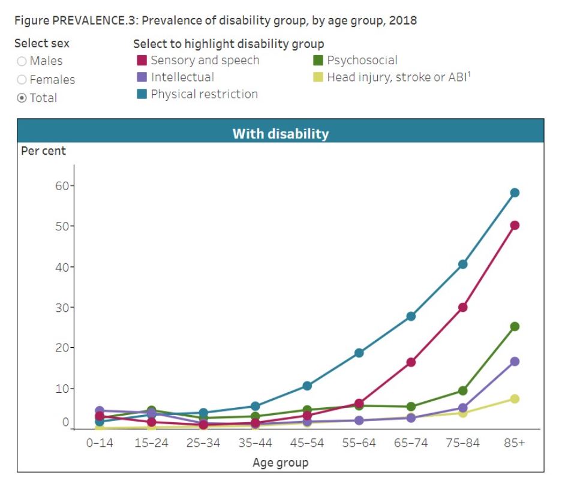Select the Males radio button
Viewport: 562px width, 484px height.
tap(22, 61)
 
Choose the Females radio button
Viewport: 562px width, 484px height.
tap(22, 80)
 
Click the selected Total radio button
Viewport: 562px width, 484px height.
tap(22, 98)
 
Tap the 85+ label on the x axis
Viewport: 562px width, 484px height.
tap(514, 443)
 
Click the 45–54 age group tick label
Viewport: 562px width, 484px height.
tap(307, 443)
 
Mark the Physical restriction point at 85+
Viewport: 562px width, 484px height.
tap(515, 193)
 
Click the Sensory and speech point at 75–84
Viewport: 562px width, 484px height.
tap(462, 308)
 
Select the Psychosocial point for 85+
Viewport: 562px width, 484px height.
tap(515, 327)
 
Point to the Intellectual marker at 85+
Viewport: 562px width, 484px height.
tap(515, 362)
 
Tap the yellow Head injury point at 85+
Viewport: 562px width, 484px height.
tap(515, 399)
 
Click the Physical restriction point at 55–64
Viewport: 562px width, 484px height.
tap(359, 353)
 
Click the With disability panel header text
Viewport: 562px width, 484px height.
tap(281, 133)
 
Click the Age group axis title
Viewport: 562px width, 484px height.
tap(281, 462)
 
